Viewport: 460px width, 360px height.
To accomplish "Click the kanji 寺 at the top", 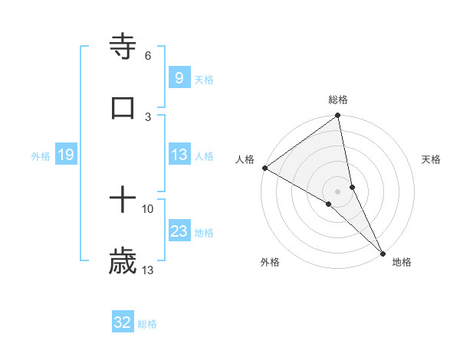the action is click(123, 47).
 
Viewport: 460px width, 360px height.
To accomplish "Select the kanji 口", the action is click(123, 108).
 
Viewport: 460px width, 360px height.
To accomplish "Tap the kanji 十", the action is click(123, 201).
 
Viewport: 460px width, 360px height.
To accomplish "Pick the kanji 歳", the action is click(123, 262).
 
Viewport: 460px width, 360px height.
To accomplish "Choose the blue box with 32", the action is click(123, 323).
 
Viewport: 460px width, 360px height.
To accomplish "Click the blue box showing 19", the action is click(65, 155).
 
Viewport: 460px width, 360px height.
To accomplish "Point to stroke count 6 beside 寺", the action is click(147, 56).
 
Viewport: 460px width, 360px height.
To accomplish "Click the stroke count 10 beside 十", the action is click(147, 208).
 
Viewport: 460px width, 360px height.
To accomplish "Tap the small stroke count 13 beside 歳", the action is click(147, 270).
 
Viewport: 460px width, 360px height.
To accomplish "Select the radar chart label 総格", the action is click(338, 100).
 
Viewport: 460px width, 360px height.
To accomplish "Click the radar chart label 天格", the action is click(432, 159).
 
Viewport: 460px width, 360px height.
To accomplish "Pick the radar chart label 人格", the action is click(245, 159).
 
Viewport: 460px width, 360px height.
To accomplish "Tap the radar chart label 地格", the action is click(402, 263).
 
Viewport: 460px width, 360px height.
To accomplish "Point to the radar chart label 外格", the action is click(270, 263).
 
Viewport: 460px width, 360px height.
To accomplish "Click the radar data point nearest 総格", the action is click(337, 116).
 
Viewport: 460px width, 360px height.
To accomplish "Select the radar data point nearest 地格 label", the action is click(383, 252).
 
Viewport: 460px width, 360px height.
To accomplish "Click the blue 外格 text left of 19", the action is click(41, 156).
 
